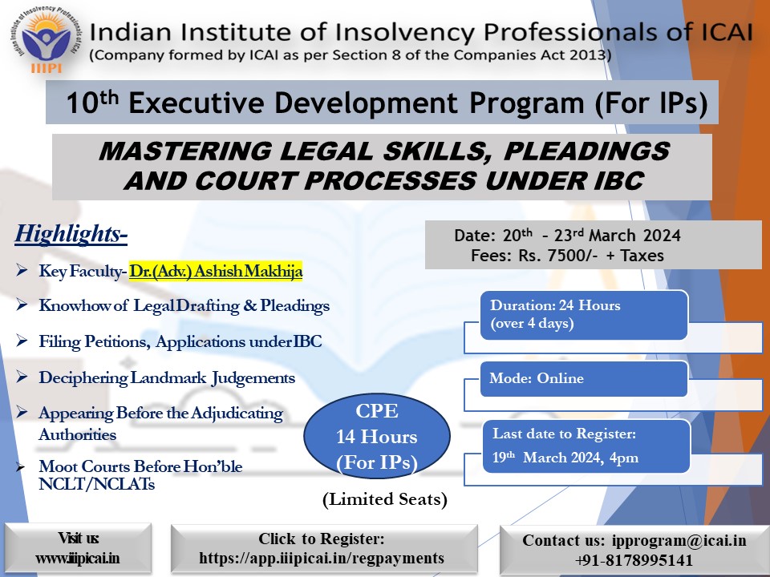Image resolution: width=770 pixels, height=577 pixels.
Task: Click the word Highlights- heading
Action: [x=71, y=233]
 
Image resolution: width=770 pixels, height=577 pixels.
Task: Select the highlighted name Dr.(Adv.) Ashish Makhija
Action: [x=216, y=271]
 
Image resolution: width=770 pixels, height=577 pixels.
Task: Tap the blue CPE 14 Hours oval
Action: [x=377, y=437]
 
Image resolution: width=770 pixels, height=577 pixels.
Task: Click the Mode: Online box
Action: [x=583, y=378]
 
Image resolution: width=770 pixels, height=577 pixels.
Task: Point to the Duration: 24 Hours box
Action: [x=583, y=314]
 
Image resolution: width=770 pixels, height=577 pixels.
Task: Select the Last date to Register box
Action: [x=586, y=446]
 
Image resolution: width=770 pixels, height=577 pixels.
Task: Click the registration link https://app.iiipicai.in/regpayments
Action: [x=322, y=558]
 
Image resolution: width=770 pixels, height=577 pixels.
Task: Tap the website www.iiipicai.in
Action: [x=78, y=559]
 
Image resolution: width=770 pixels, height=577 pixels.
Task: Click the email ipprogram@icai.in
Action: [x=679, y=540]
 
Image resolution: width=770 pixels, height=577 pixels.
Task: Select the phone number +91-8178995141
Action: [x=634, y=560]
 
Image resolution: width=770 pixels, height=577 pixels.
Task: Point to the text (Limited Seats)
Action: [x=385, y=499]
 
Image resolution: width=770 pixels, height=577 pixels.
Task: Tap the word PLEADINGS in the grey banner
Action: [x=586, y=151]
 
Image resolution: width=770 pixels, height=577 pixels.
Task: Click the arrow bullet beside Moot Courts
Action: [x=20, y=466]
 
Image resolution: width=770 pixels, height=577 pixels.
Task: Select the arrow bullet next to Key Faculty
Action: [x=21, y=270]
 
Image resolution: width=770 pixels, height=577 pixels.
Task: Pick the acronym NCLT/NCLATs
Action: [x=97, y=484]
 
